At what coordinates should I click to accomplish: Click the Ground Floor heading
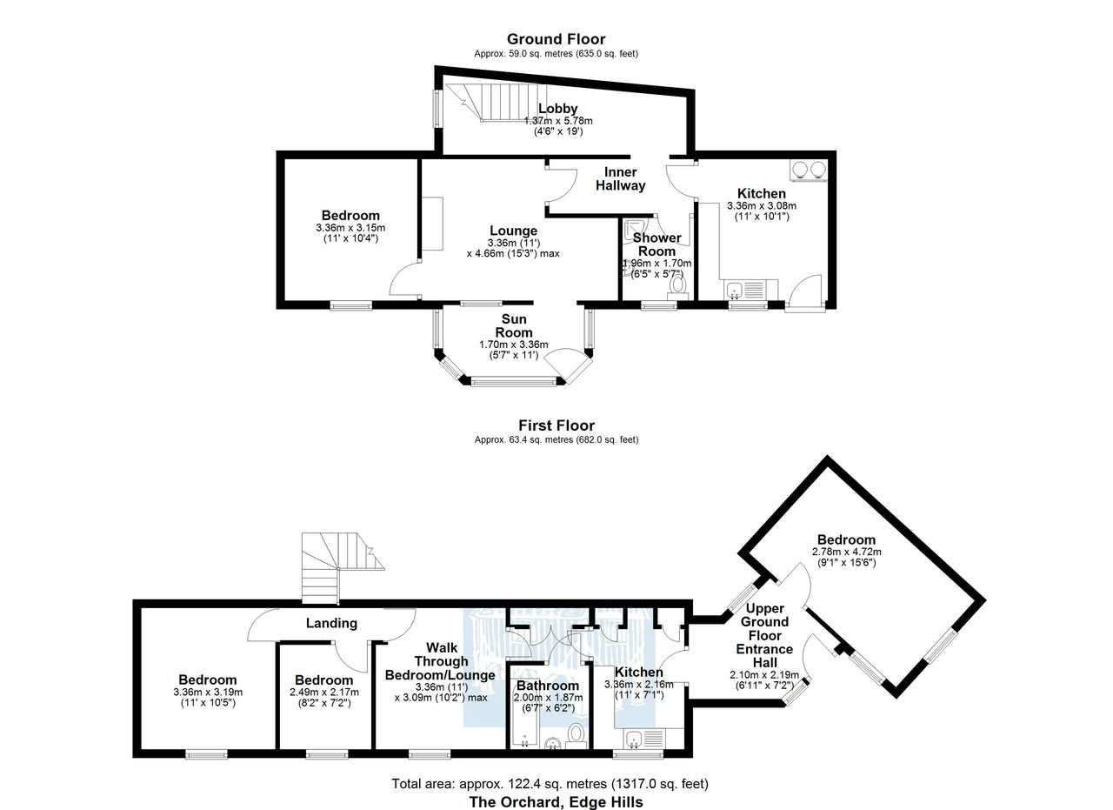click(556, 39)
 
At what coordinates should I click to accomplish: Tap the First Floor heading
click(556, 425)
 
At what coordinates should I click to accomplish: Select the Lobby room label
click(558, 109)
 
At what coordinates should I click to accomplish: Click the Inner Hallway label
click(621, 179)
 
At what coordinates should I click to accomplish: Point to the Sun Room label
click(514, 325)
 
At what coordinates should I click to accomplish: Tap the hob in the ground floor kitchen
click(809, 170)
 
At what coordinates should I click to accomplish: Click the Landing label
click(331, 623)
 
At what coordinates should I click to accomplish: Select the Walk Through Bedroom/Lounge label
click(441, 661)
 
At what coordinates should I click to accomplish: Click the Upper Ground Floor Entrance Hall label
click(764, 635)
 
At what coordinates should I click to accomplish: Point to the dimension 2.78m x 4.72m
click(847, 552)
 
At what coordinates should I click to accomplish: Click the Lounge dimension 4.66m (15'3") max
click(513, 253)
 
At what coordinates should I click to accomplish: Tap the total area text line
click(550, 784)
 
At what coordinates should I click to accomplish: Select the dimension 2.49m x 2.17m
click(324, 693)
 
